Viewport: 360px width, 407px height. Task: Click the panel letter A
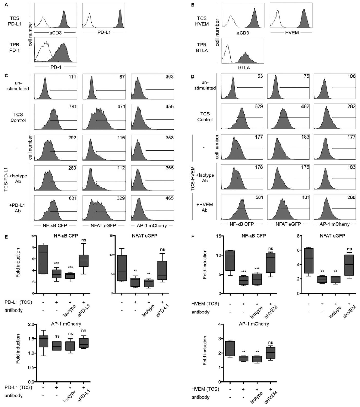click(x=6, y=5)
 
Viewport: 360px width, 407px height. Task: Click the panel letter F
click(x=193, y=237)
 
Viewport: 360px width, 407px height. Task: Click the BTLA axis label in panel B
click(x=244, y=68)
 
